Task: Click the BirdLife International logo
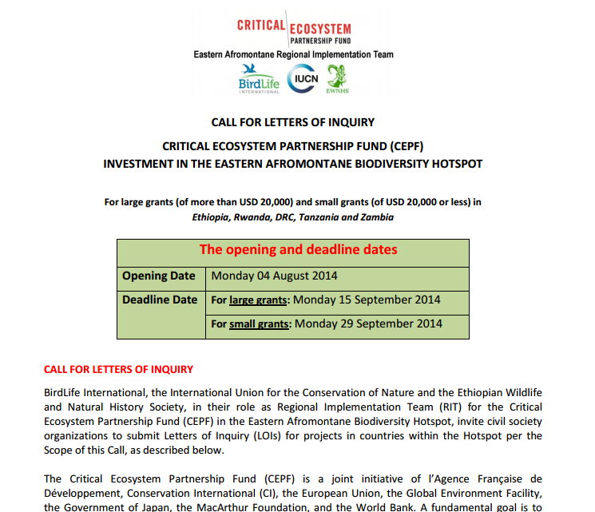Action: tap(259, 78)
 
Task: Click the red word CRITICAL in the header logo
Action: tap(261, 25)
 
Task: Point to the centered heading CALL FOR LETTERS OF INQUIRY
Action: tap(292, 122)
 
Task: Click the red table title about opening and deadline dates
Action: tap(298, 249)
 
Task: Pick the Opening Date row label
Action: tap(158, 276)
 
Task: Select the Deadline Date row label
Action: tap(159, 300)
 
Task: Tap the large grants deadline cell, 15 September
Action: tap(325, 300)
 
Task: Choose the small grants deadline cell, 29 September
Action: tap(326, 324)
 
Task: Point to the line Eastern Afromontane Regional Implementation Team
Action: tap(293, 54)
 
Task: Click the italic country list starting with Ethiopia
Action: tap(292, 216)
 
